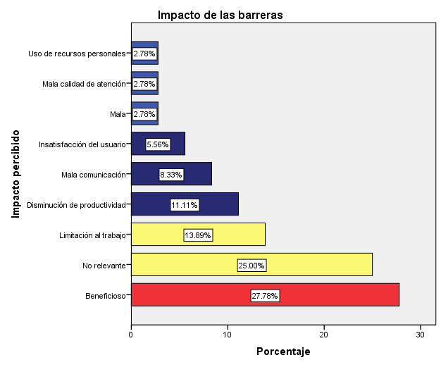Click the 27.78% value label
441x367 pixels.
265,296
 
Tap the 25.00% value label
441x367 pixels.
251,266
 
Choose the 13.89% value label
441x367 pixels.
198,235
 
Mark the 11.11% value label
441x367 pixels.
185,205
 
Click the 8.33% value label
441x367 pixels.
171,175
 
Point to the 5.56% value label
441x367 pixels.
158,144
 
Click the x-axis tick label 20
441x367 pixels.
324,334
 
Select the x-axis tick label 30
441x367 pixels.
421,334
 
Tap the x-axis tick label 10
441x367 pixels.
228,334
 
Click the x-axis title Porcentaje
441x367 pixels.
282,352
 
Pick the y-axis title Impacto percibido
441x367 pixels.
15,173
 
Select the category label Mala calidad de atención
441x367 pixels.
83,84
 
